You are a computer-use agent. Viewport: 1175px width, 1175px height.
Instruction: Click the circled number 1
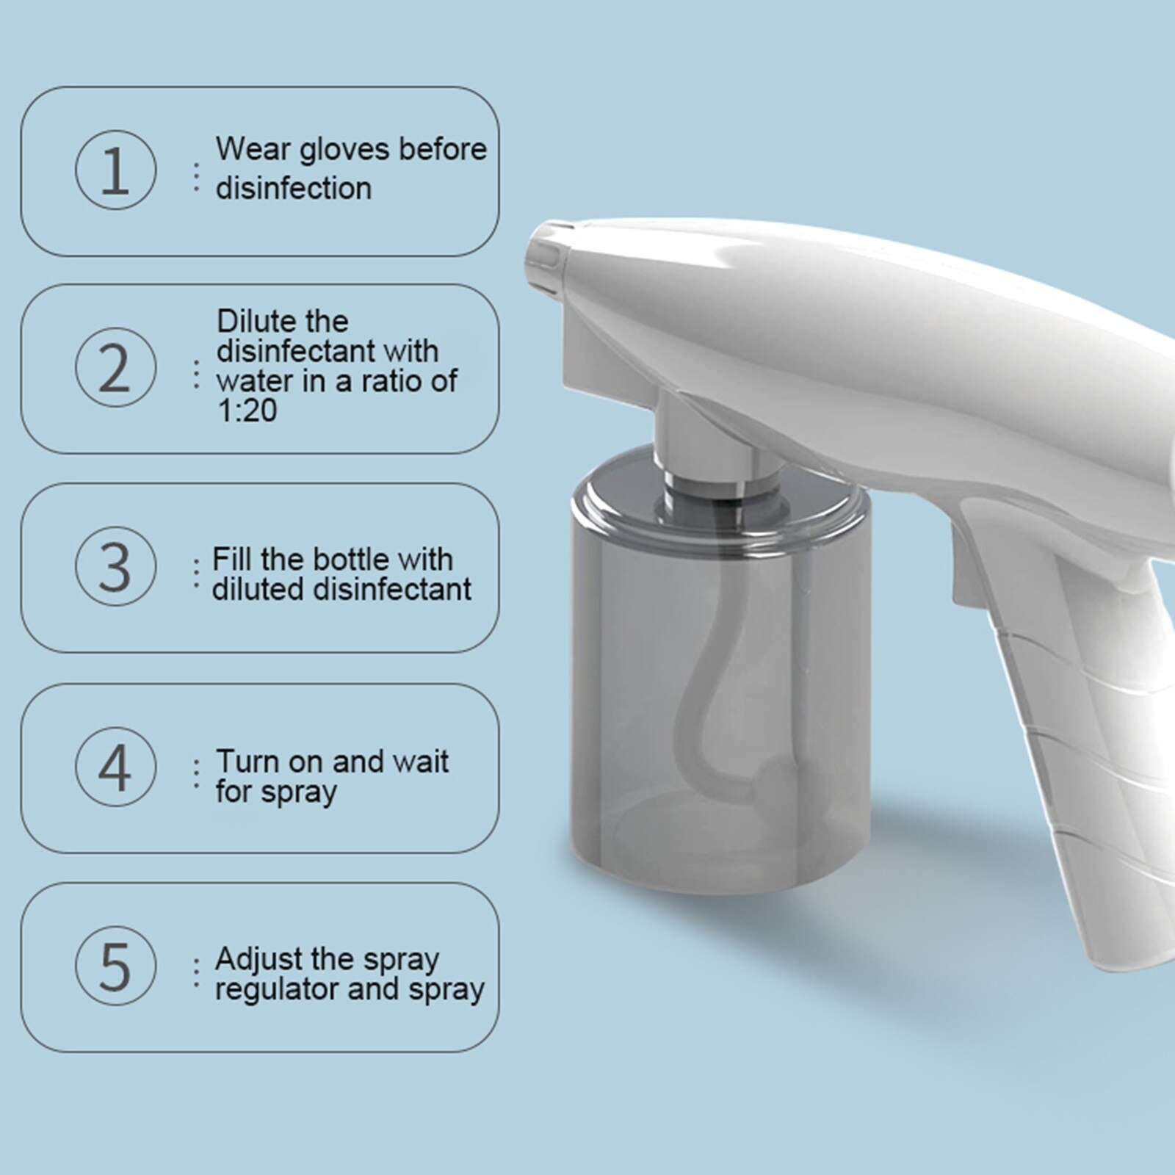coord(115,170)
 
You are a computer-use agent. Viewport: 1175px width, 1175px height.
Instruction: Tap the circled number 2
coord(115,367)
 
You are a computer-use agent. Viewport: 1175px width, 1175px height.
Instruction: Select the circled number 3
coord(115,565)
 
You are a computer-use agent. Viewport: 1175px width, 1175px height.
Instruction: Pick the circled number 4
coord(115,767)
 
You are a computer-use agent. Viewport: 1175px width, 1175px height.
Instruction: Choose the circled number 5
coord(115,966)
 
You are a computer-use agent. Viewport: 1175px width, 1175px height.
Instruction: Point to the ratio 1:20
coord(247,411)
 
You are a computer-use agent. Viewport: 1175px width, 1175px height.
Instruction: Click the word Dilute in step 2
coord(257,321)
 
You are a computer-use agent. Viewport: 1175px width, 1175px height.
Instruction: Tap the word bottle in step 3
coord(348,560)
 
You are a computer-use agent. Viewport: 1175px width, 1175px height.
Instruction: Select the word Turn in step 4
coord(247,762)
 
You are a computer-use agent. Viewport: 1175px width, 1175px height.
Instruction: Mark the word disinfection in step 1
coord(293,189)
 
